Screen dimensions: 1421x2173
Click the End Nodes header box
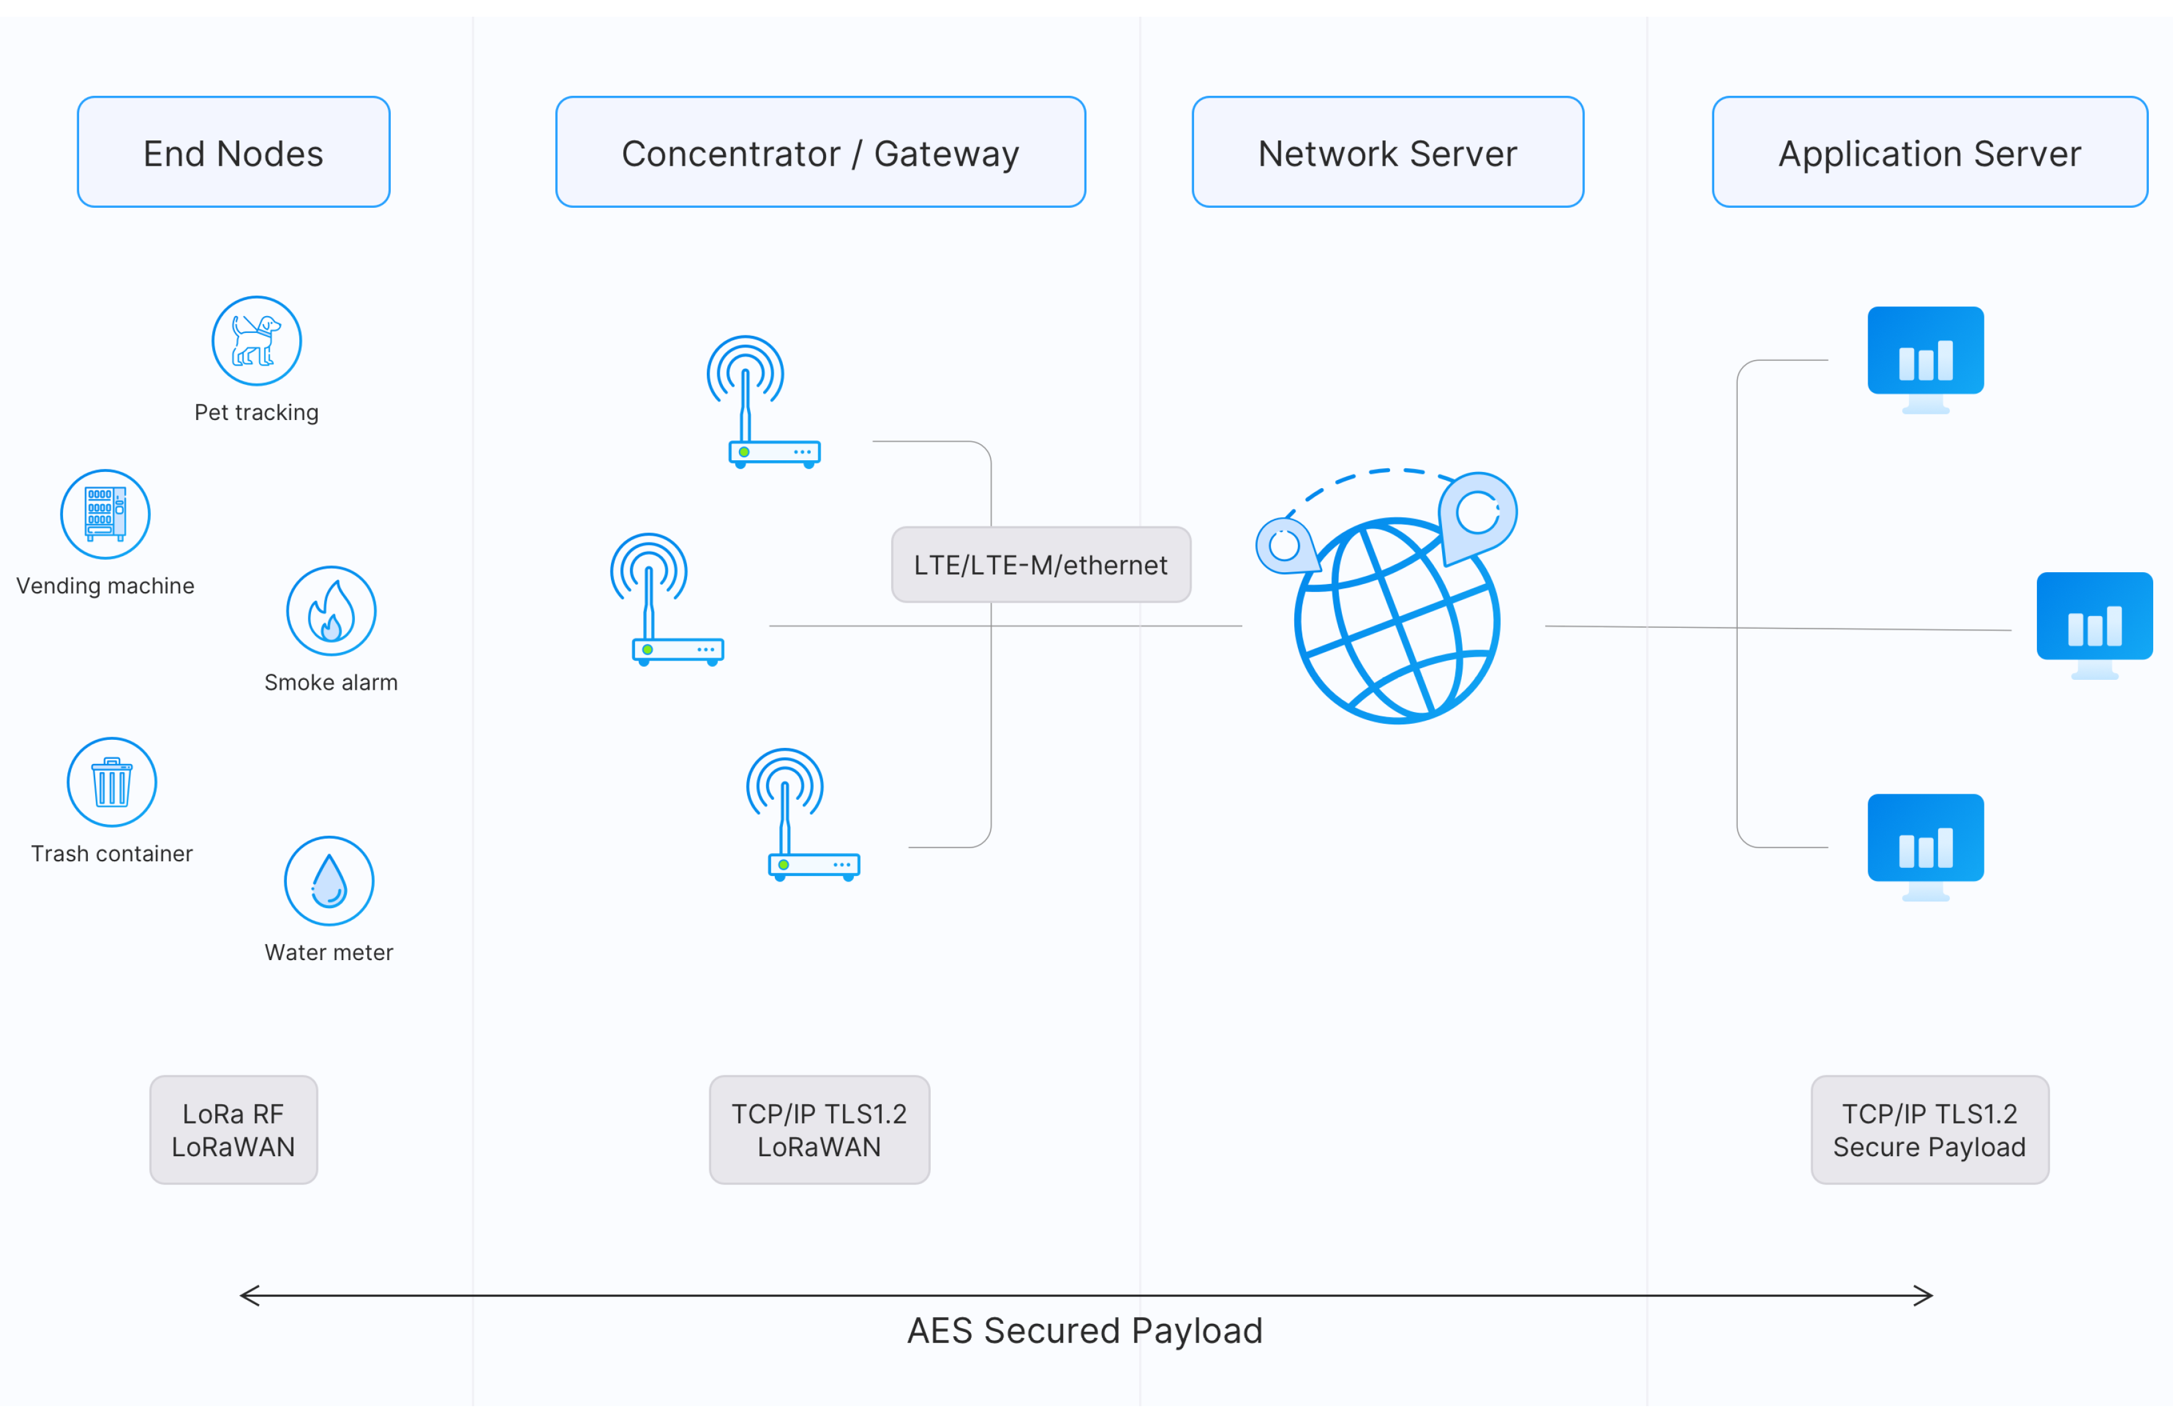click(x=234, y=153)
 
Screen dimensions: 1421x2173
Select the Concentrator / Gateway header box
click(x=820, y=153)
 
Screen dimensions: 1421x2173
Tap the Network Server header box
click(x=1387, y=153)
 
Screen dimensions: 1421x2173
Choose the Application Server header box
click(x=1929, y=153)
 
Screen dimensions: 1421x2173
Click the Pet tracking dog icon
click(x=257, y=341)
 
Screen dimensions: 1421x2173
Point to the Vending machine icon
click(x=106, y=514)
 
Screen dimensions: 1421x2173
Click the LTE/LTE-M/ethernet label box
click(x=1041, y=564)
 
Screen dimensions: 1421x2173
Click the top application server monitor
click(x=1926, y=357)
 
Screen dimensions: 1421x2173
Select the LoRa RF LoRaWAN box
click(x=234, y=1130)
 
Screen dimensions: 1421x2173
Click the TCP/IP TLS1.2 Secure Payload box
click(x=1929, y=1130)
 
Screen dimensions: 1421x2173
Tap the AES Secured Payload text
click(x=1085, y=1331)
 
